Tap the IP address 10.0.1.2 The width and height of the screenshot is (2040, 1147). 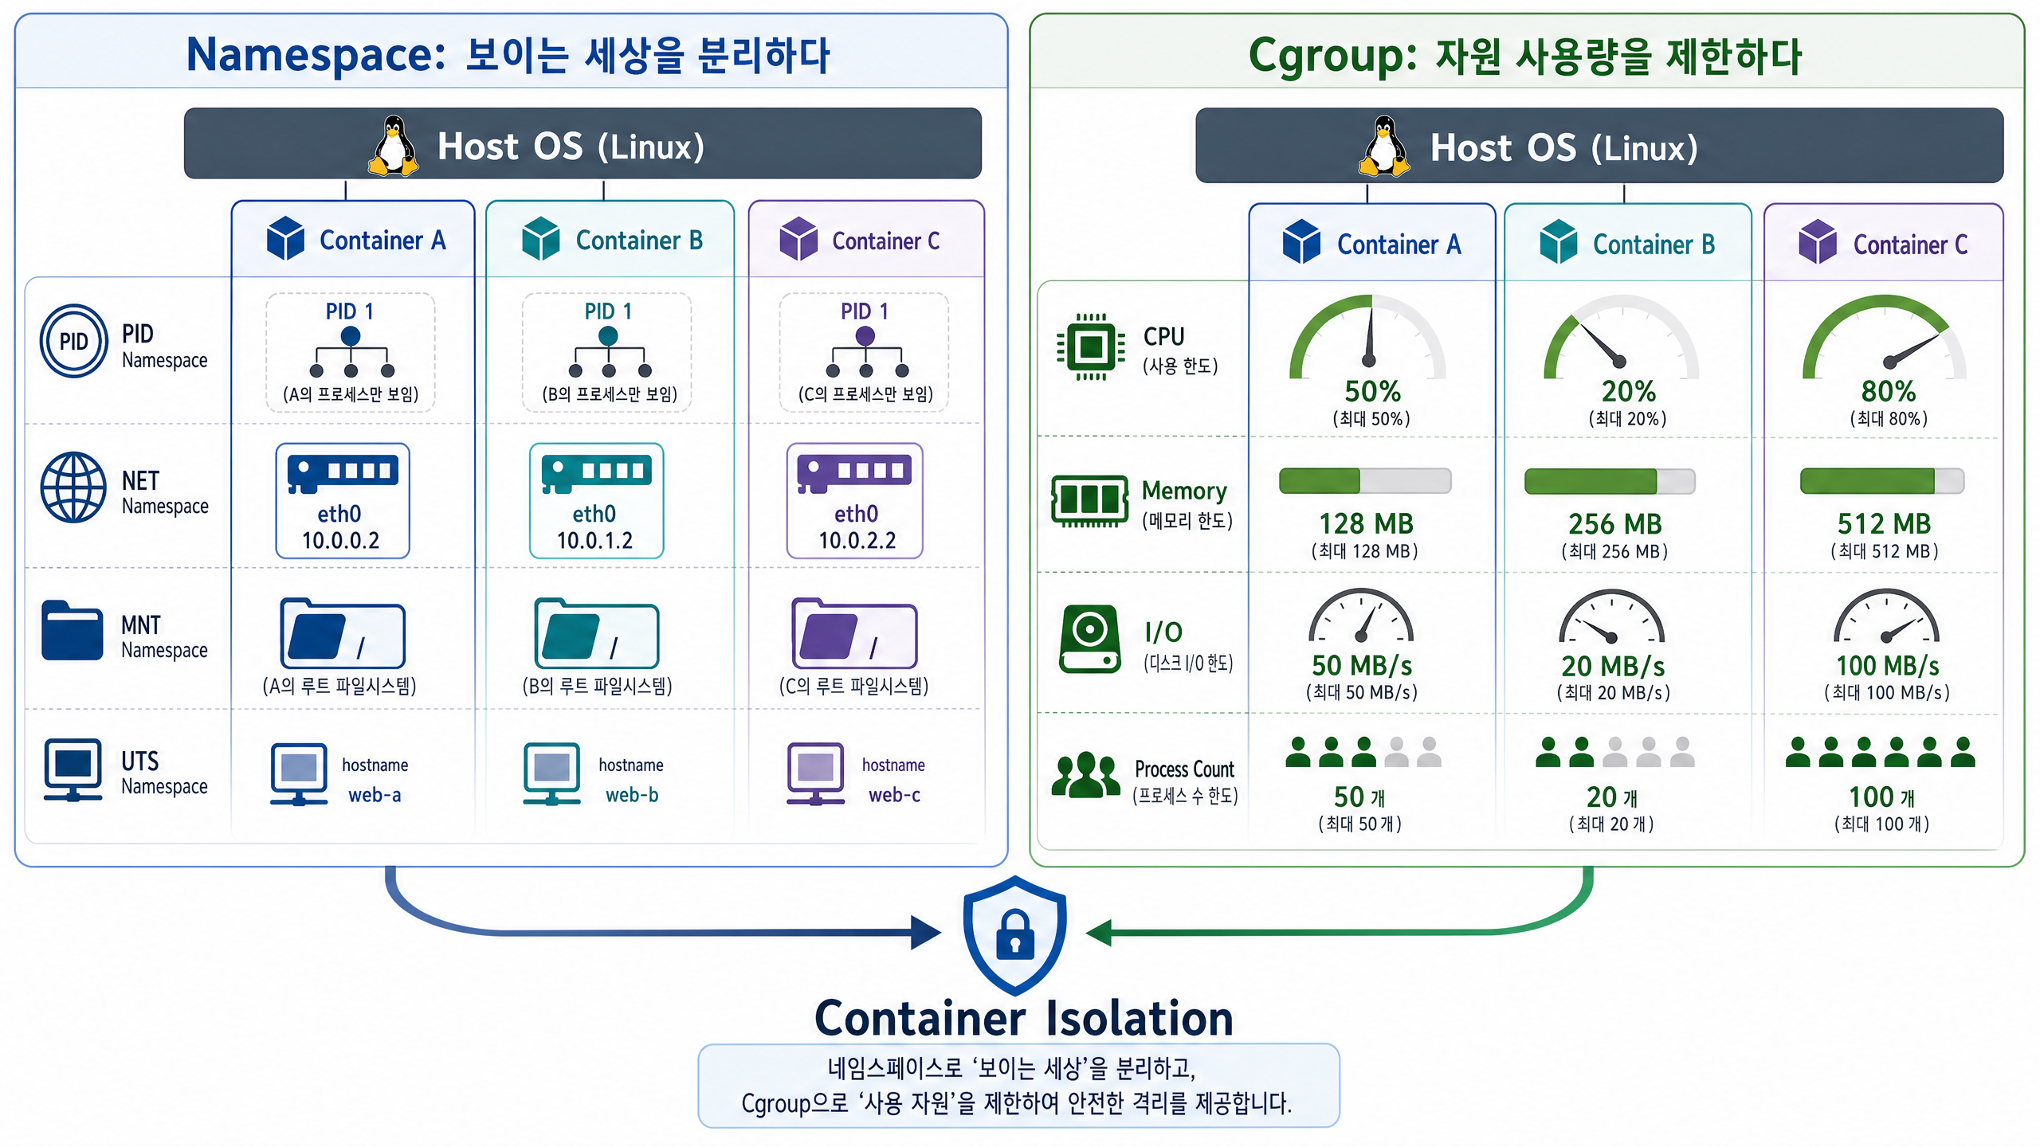tap(594, 541)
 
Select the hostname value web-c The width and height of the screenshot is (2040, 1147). tap(894, 795)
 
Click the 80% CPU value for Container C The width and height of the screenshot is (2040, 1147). tap(1888, 391)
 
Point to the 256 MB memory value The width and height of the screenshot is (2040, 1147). tap(1614, 524)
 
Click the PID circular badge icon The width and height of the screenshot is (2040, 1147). tap(73, 341)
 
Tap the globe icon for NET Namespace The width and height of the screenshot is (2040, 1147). tap(73, 487)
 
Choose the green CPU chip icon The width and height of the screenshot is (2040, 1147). tap(1090, 347)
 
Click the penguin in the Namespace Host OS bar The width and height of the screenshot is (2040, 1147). tap(393, 146)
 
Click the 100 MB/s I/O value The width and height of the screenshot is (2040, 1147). tap(1887, 666)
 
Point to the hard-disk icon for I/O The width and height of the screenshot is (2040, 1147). tap(1090, 639)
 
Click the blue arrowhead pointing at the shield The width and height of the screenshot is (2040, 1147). tap(926, 932)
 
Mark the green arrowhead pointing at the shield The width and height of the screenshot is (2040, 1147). tap(1099, 932)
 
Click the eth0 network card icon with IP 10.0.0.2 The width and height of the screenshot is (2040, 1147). tap(343, 473)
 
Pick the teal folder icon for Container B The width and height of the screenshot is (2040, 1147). tap(596, 633)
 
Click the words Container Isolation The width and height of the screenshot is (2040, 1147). tap(1023, 1018)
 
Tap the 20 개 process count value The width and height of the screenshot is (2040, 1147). tap(1611, 797)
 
